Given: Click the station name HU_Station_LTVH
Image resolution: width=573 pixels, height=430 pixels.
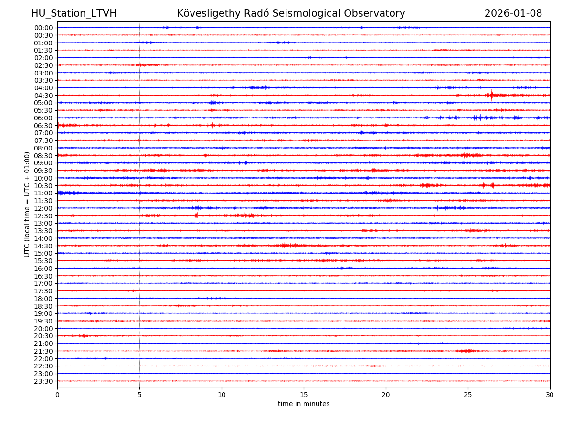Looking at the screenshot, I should tap(74, 13).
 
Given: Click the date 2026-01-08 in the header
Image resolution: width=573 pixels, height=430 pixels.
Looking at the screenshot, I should tap(513, 13).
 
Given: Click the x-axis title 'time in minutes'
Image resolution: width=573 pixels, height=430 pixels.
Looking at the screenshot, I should tap(304, 404).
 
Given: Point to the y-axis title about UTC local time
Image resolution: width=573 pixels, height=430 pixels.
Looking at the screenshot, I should tap(27, 204).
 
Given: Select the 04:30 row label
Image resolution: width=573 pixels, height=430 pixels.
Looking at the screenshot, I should tap(43, 96).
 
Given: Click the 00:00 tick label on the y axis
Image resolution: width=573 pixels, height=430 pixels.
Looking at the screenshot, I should tap(43, 28).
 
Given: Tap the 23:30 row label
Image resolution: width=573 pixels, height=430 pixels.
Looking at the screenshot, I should tap(43, 381).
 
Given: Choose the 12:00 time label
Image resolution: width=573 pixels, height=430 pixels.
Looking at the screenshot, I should tap(43, 208).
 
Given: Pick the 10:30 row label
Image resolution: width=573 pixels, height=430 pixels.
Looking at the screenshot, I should tap(43, 186).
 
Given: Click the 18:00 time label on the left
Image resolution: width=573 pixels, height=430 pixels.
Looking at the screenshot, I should tap(43, 299).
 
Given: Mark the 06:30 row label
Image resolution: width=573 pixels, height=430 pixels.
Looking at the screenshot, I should tap(43, 126).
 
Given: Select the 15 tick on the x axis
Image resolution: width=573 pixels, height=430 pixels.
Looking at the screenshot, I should tap(304, 395).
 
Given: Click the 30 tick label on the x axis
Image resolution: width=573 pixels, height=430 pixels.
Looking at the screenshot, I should tap(550, 395).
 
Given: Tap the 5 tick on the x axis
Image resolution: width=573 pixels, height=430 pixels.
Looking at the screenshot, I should tap(139, 395).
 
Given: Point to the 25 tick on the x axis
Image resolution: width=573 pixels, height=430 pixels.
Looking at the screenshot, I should tap(468, 395).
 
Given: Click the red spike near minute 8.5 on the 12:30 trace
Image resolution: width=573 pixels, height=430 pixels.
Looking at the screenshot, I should tap(196, 215).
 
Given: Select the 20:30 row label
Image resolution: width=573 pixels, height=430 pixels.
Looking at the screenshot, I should tap(43, 336).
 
